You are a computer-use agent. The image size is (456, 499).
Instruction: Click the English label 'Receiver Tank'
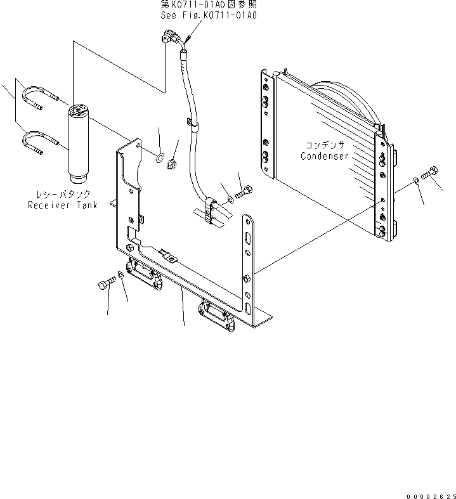62,205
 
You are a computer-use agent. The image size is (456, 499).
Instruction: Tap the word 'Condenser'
325,156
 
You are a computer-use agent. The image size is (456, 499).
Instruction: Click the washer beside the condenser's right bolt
414,181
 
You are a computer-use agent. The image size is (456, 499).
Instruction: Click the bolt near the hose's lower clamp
244,190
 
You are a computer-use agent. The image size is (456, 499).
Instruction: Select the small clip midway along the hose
192,125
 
